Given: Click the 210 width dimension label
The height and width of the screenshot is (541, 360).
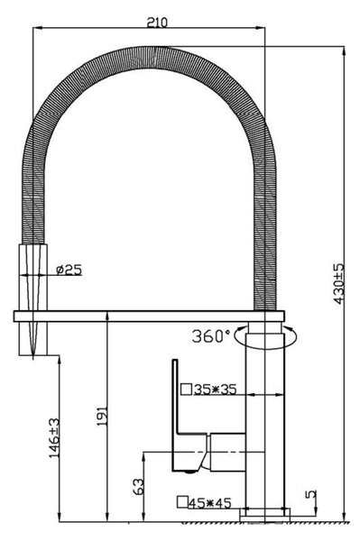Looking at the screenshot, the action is pyautogui.click(x=157, y=22).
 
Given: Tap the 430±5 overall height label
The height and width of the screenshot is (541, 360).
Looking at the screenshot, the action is pyautogui.click(x=339, y=284).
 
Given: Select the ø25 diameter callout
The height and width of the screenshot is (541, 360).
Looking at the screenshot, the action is pyautogui.click(x=69, y=270).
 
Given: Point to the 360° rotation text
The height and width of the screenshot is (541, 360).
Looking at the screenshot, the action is pyautogui.click(x=210, y=336).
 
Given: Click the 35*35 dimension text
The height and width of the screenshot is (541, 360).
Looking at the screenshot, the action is pyautogui.click(x=215, y=390).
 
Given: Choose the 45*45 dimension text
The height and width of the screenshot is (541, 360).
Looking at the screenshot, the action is pyautogui.click(x=209, y=503).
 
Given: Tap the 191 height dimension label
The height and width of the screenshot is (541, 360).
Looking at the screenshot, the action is pyautogui.click(x=102, y=416).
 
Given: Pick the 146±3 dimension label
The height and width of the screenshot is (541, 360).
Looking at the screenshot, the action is pyautogui.click(x=54, y=438).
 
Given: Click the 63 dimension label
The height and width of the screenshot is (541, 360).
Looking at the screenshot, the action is pyautogui.click(x=139, y=486).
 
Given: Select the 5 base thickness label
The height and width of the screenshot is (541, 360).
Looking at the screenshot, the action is pyautogui.click(x=311, y=494).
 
